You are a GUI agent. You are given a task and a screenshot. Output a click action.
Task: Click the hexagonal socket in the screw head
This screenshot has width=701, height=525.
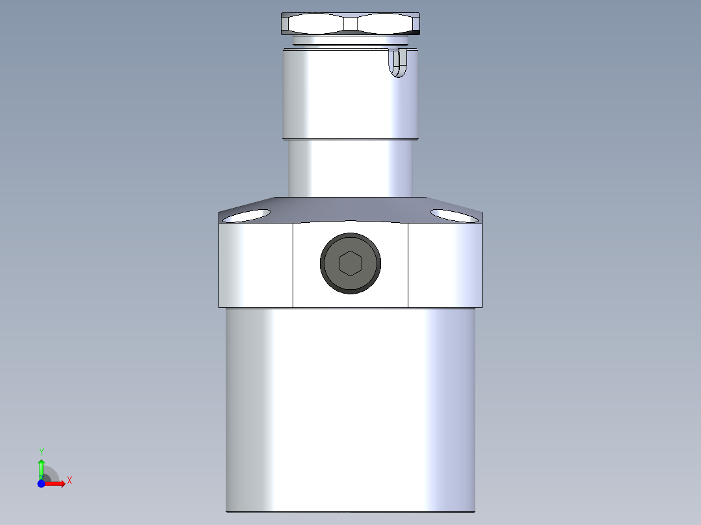(350, 263)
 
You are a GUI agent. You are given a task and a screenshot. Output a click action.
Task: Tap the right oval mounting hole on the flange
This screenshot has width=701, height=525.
(454, 215)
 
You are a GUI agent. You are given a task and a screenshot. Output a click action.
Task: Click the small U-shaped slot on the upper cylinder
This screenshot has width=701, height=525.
(398, 62)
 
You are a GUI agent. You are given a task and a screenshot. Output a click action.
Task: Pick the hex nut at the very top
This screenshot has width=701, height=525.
(350, 24)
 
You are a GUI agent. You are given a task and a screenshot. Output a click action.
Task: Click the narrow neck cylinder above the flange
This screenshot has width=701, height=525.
(350, 169)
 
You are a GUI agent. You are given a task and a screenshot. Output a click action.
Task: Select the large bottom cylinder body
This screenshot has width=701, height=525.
(350, 409)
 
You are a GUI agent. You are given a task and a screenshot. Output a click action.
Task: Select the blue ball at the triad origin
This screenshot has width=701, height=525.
(42, 483)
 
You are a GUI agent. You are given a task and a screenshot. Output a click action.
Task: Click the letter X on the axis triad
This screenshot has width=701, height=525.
(69, 481)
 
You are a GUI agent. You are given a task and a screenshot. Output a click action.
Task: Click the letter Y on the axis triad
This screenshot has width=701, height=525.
(42, 451)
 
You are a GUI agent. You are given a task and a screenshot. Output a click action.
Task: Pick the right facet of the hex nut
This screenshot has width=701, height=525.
(386, 24)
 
